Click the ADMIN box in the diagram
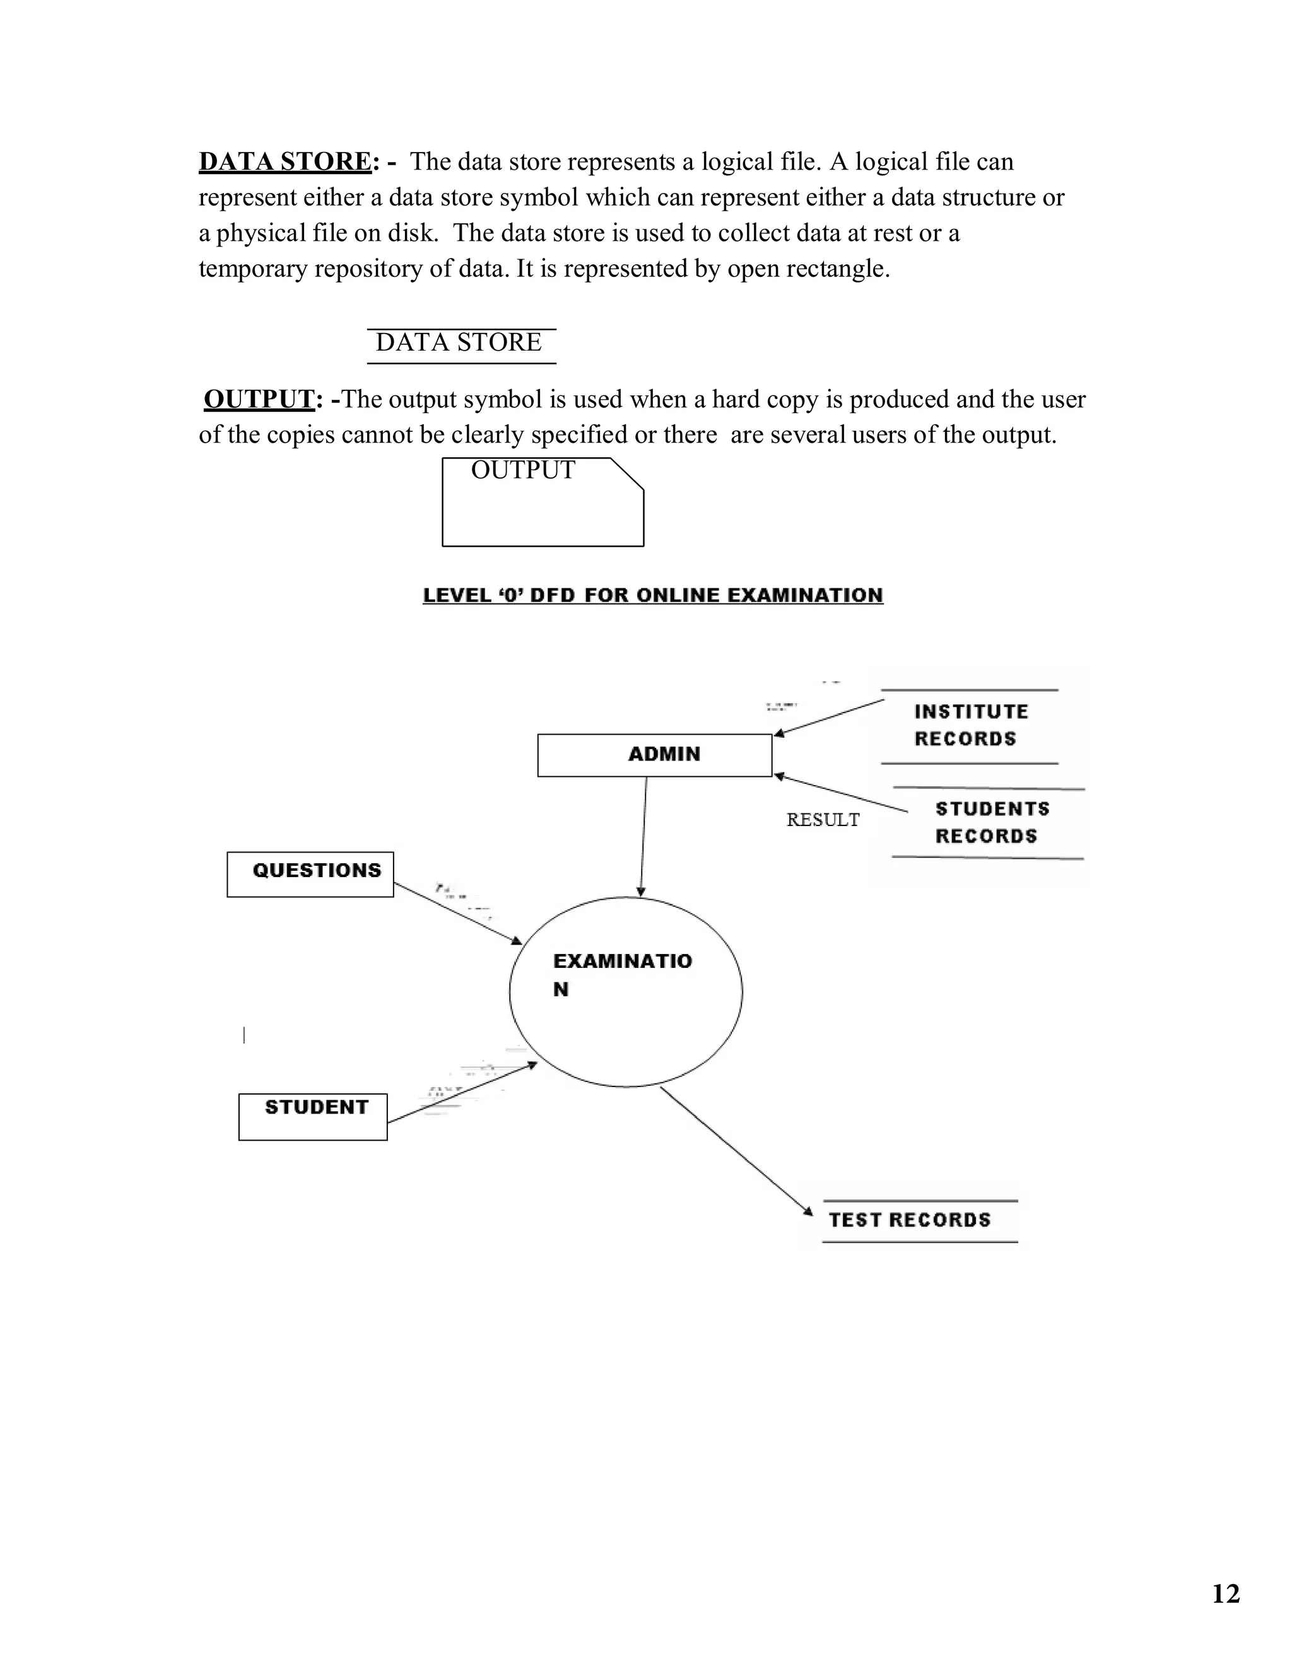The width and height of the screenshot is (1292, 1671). coord(654,755)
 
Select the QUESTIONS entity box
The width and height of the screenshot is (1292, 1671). coord(310,874)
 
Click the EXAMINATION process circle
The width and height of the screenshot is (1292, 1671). coord(625,992)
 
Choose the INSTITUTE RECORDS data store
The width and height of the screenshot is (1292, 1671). coord(970,726)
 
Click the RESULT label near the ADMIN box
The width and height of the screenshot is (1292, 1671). coord(823,820)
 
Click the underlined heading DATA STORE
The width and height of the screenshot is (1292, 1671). coord(285,161)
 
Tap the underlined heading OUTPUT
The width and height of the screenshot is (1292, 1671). coord(259,399)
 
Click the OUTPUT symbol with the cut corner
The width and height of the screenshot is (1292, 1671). coord(543,502)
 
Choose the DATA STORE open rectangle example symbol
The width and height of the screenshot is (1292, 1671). coord(461,345)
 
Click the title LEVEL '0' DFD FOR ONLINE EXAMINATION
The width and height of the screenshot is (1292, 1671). coord(653,595)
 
